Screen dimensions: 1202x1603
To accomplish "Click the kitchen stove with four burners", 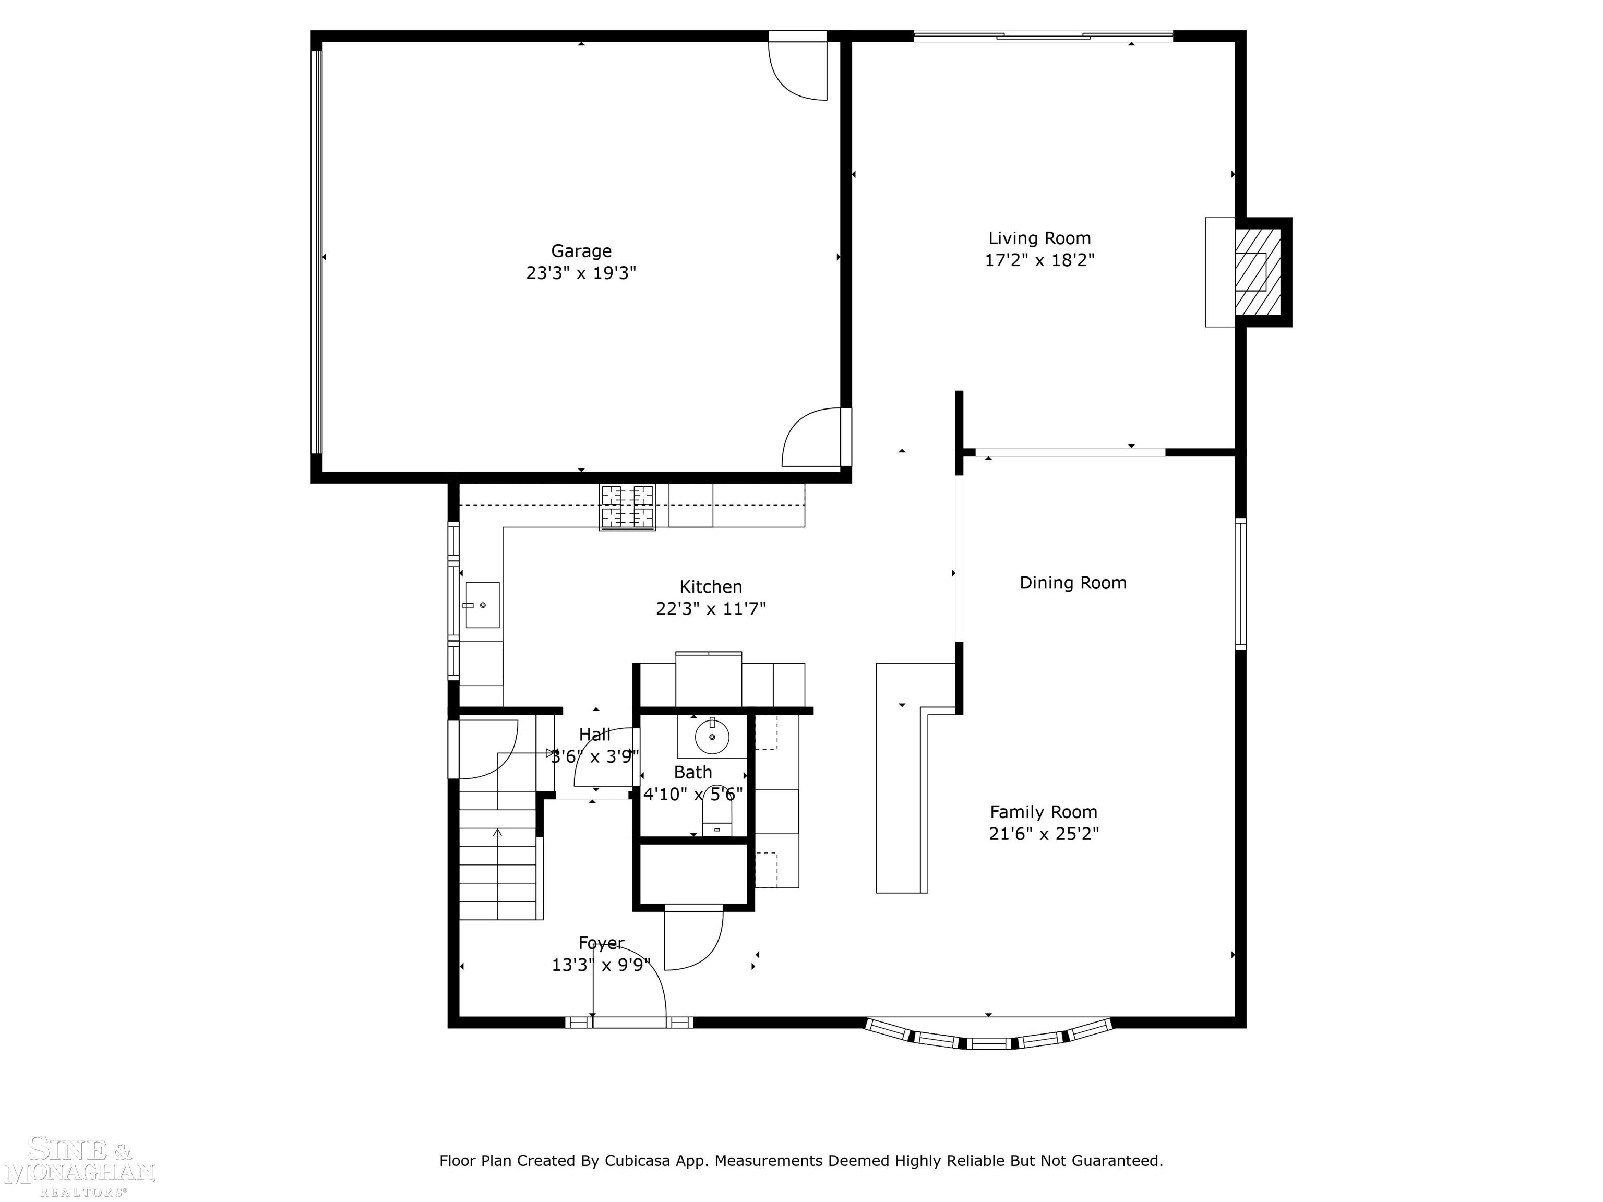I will (x=627, y=507).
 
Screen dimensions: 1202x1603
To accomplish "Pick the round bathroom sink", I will (x=712, y=738).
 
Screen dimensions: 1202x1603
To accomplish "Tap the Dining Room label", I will (x=1072, y=583).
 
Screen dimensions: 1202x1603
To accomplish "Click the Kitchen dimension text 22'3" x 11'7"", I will (x=710, y=609).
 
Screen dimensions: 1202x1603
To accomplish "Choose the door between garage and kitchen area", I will (x=815, y=438).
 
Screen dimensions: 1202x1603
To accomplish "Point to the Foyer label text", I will (x=601, y=943).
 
